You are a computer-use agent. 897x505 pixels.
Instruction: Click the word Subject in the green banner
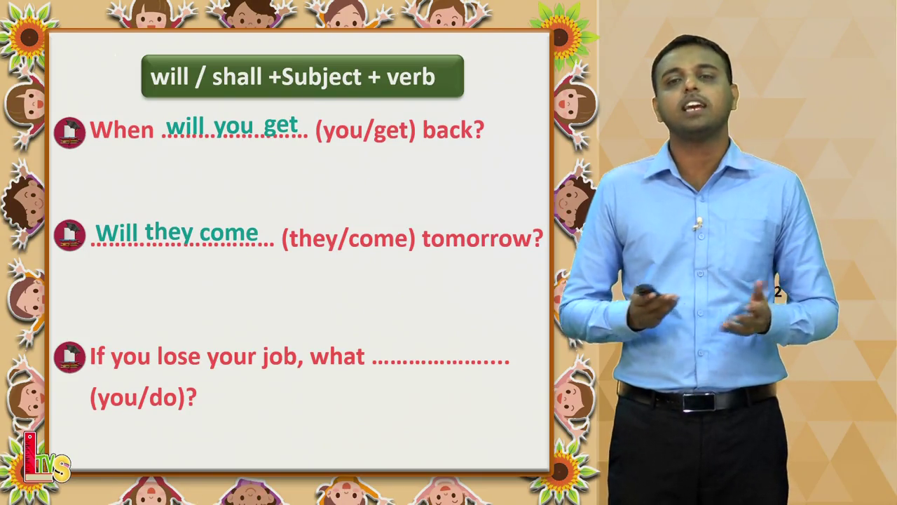tap(322, 76)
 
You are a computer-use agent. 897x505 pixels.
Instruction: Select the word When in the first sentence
tap(122, 130)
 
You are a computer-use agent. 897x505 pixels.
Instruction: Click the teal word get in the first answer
tap(281, 126)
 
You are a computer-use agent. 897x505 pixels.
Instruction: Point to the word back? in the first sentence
tap(453, 130)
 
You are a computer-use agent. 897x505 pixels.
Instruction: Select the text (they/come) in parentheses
tap(348, 239)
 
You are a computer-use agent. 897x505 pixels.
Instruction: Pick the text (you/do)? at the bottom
tap(144, 398)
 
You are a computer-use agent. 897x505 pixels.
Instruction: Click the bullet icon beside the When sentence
tap(69, 133)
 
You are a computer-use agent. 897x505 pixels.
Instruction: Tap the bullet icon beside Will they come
tap(69, 235)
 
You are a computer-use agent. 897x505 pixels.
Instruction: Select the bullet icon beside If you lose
tap(69, 357)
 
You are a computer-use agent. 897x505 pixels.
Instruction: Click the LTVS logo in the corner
tap(46, 458)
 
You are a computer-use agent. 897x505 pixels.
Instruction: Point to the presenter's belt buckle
tap(699, 402)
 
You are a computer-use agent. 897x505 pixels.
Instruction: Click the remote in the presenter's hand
tap(647, 290)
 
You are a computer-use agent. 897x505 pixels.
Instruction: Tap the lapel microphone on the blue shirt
tap(699, 222)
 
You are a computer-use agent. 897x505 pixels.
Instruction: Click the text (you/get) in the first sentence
tap(365, 131)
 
